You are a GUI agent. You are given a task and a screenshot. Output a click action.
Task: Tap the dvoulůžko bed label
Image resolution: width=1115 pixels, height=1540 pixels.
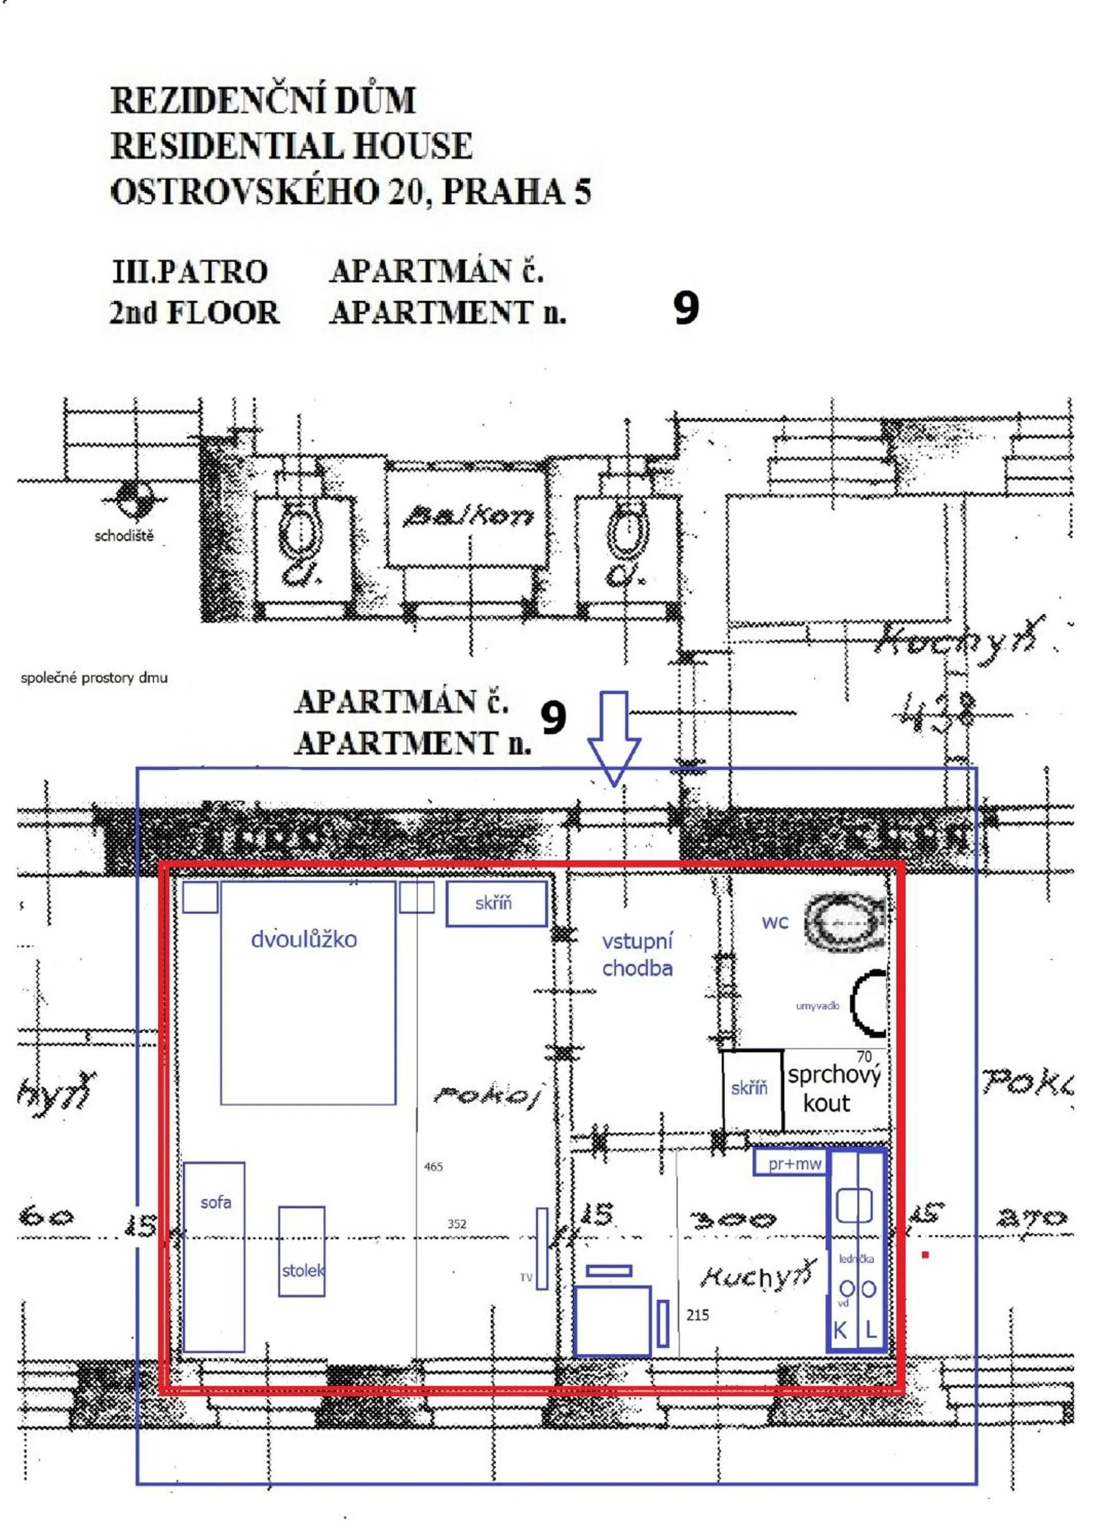tap(304, 939)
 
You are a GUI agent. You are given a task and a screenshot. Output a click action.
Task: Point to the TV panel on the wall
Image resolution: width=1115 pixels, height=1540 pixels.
tap(541, 1248)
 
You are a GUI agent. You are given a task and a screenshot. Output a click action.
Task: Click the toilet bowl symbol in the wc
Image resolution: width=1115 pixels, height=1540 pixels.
tap(844, 924)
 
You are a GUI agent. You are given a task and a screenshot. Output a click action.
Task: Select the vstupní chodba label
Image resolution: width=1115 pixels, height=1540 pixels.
tap(637, 954)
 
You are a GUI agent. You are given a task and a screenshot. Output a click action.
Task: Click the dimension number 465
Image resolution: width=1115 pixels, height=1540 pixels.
tap(433, 1167)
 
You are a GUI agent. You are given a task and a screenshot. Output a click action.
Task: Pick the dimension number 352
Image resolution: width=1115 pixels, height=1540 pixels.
tap(457, 1224)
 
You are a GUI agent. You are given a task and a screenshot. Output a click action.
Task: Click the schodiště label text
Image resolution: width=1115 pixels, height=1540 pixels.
tap(124, 536)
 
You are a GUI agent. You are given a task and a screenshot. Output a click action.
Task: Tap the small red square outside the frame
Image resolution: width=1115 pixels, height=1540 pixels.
tap(925, 1255)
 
